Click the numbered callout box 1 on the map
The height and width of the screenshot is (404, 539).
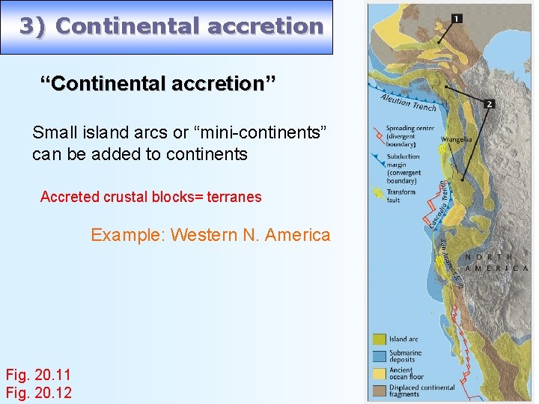click(x=457, y=18)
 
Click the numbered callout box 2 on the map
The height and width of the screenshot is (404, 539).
click(x=489, y=104)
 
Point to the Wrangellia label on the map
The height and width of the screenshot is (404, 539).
click(x=456, y=139)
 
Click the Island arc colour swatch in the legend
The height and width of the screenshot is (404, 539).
click(x=379, y=340)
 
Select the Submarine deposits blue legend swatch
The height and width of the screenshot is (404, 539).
click(x=379, y=355)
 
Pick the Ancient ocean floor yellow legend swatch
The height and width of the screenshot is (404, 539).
click(x=379, y=372)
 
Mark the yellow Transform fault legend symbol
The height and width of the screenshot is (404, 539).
click(x=378, y=194)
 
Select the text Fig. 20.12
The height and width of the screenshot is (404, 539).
click(x=38, y=392)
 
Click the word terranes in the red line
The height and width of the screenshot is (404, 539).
click(x=236, y=197)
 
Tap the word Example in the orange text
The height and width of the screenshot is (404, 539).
click(x=127, y=235)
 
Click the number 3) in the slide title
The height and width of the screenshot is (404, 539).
click(x=34, y=26)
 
